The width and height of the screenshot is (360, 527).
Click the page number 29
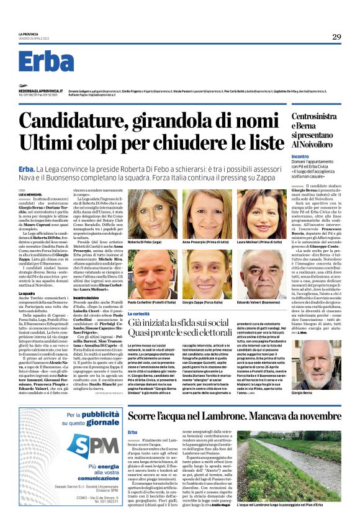[x=336, y=37]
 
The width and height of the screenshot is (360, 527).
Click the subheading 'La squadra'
[x=27, y=292]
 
